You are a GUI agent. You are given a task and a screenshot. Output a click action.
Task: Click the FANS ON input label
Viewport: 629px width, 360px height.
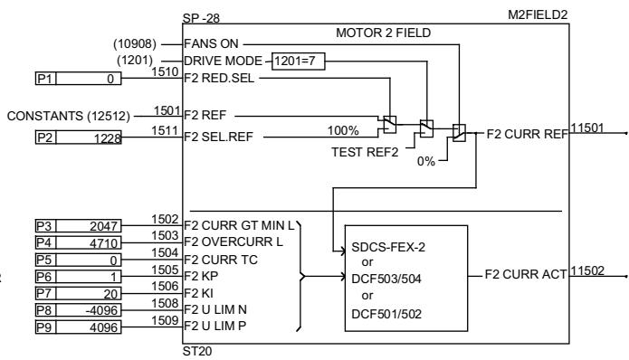(211, 43)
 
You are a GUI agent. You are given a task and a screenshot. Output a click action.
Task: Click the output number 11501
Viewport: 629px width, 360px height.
(588, 128)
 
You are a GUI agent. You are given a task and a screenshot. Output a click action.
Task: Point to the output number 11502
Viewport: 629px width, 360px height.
(588, 268)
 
